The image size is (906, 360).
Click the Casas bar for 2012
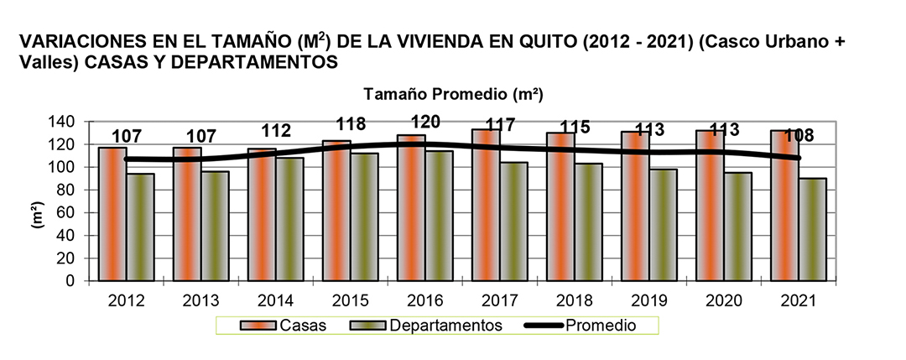click(x=113, y=214)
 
